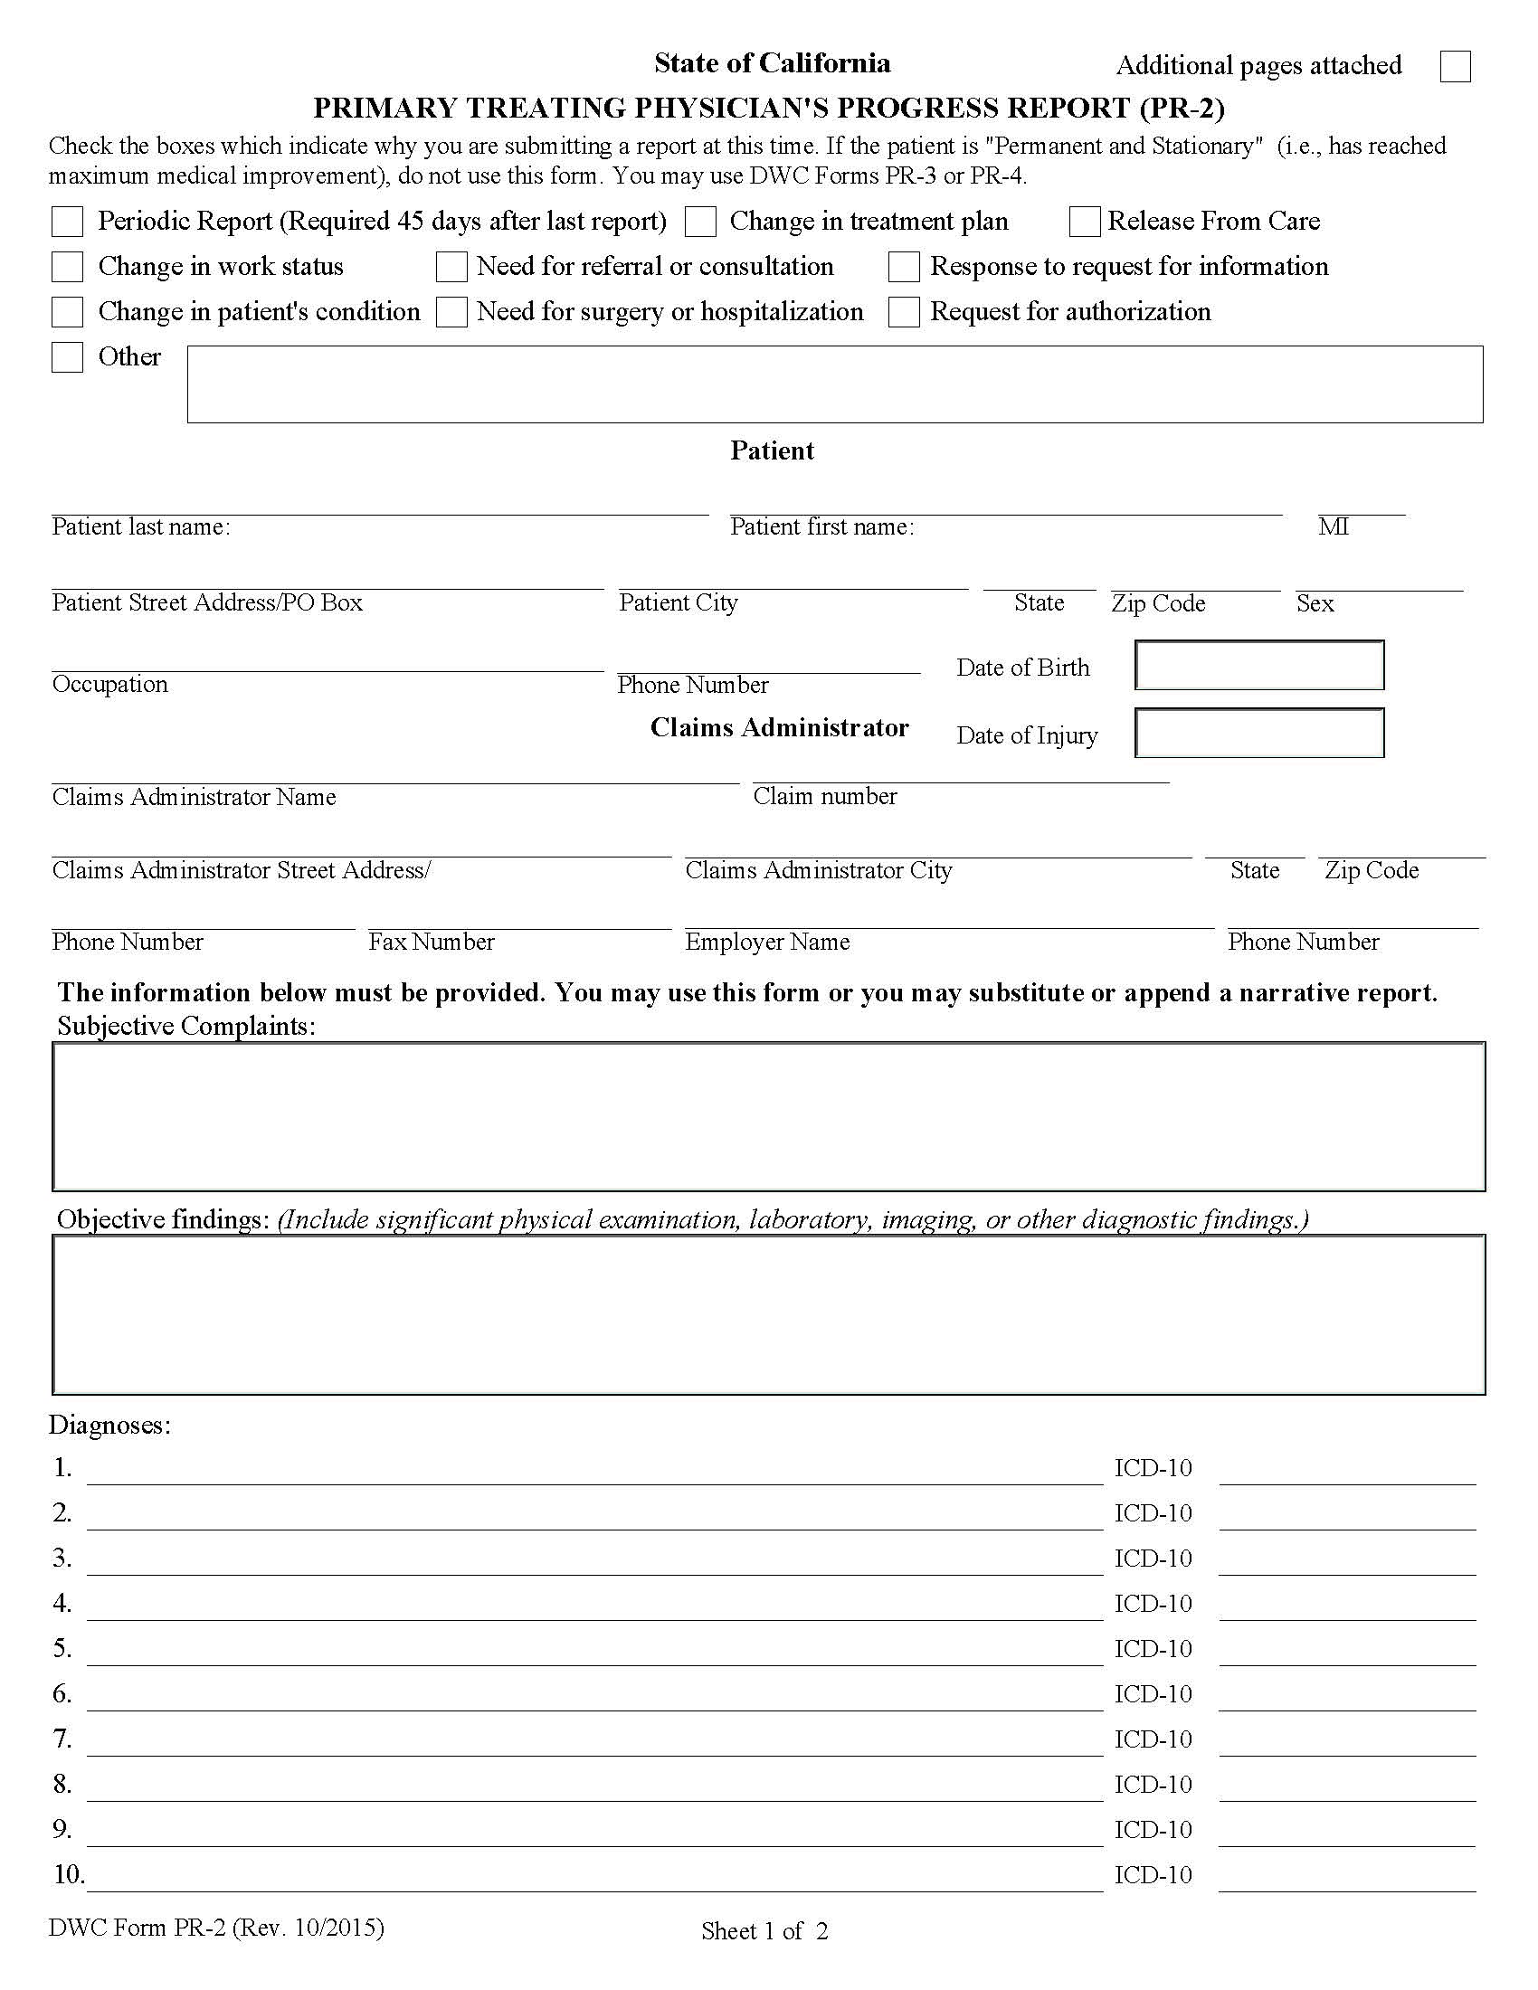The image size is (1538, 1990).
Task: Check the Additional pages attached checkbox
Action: coord(1455,67)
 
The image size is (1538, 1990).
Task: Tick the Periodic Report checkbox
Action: coord(68,222)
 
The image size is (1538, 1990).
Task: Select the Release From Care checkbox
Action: coord(1084,222)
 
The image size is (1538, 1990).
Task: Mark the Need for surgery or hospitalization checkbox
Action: coord(452,312)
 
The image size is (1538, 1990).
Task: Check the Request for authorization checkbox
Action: coord(904,312)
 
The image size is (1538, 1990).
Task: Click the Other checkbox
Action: coord(68,357)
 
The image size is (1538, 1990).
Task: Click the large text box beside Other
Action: coord(835,384)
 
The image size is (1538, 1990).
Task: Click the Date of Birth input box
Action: coord(1259,665)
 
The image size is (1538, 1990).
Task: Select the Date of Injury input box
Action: coord(1259,733)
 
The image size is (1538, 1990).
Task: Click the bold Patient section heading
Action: coord(772,450)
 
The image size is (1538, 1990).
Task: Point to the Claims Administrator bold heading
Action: coord(779,727)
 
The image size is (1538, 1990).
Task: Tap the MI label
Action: coord(1333,526)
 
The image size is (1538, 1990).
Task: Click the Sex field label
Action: coord(1315,603)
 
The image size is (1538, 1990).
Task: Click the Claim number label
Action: coord(824,796)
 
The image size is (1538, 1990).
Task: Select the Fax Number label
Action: coord(431,942)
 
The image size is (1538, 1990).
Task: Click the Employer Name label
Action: coord(767,942)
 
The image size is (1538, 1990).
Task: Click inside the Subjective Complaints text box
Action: coord(769,1116)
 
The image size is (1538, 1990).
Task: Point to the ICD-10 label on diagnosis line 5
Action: coord(1153,1648)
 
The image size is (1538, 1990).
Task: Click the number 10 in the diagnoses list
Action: coord(69,1874)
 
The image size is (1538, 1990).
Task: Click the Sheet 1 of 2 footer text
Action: coord(764,1931)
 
